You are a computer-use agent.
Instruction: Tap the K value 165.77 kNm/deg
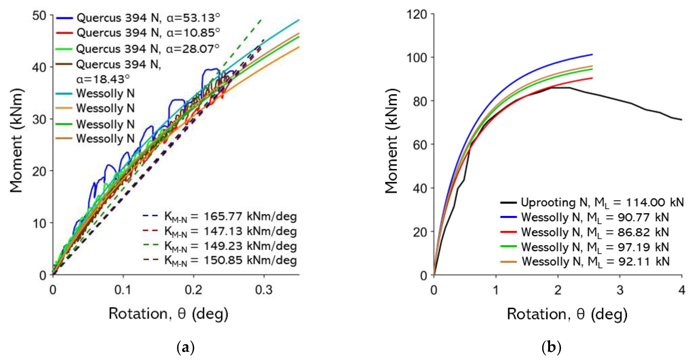click(x=230, y=217)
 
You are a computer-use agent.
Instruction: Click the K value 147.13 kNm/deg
click(x=230, y=231)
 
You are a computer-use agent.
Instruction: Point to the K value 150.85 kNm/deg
click(x=230, y=261)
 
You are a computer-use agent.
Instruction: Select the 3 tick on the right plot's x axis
click(x=620, y=290)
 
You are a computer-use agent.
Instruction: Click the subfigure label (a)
click(x=186, y=347)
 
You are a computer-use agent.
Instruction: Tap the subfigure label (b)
click(x=551, y=347)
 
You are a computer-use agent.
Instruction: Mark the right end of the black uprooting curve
click(x=681, y=120)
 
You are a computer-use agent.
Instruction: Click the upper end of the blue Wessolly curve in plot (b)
click(x=592, y=55)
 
